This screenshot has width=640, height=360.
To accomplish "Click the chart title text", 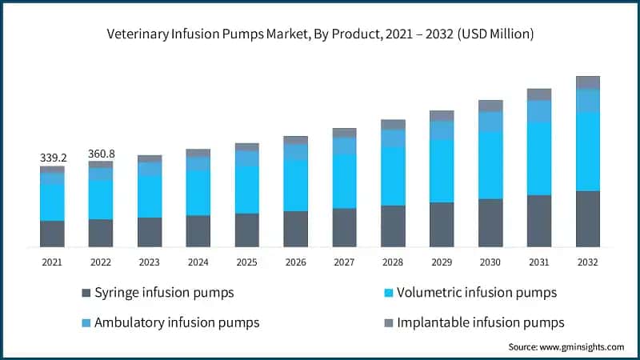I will tap(320, 34).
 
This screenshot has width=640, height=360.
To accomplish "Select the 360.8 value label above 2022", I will tap(101, 153).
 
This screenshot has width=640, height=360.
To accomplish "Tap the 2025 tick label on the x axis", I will tap(246, 262).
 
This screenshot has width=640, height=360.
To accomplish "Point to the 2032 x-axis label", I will tap(587, 262).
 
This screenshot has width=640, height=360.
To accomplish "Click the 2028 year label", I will tap(393, 262).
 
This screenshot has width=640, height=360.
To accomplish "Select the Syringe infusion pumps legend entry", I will tap(164, 293).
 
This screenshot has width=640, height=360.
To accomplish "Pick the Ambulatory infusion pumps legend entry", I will tap(177, 322).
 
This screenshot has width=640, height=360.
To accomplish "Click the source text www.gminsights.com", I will tap(566, 347).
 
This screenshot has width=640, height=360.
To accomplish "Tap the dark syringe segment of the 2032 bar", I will tap(588, 218).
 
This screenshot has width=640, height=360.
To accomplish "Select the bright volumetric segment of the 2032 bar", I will tap(588, 151).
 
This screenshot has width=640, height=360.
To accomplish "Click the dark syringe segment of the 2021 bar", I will tap(52, 234).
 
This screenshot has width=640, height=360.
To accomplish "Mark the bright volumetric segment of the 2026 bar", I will tap(295, 185).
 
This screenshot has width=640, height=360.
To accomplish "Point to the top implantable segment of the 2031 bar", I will tap(539, 94).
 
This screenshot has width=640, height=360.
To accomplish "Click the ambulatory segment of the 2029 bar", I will tap(442, 130).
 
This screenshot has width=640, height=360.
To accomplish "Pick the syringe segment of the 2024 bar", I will tap(198, 230).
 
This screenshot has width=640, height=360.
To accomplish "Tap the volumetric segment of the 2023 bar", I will tap(150, 196).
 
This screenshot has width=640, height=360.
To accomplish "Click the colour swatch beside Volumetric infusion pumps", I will tap(390, 294).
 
